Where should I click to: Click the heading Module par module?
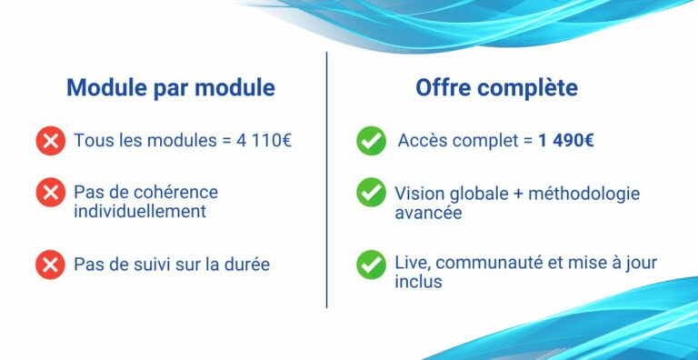[171, 88]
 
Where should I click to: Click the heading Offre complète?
[496, 88]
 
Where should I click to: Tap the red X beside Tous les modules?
[50, 141]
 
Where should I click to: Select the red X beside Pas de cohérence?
[50, 193]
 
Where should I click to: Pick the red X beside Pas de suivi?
[50, 265]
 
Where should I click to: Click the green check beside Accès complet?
[371, 141]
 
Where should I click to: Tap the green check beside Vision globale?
[371, 193]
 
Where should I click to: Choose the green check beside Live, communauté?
[371, 265]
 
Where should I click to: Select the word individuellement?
[140, 212]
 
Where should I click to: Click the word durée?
[246, 265]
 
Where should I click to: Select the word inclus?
[418, 283]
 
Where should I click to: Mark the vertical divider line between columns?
[326, 182]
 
